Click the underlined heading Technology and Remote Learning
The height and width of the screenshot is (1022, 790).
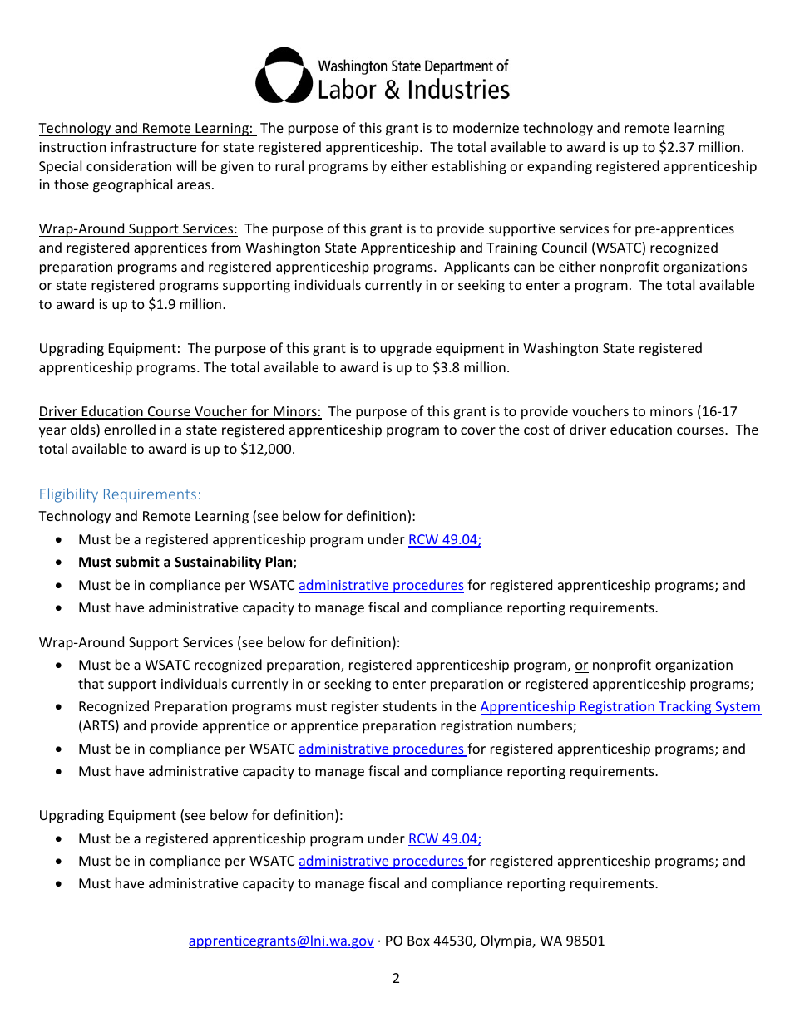(x=146, y=129)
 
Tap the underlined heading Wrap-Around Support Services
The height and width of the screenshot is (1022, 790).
(x=138, y=229)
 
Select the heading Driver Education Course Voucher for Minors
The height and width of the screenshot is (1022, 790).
(x=180, y=411)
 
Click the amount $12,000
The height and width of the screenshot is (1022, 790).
(x=267, y=449)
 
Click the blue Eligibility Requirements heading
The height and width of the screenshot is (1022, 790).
(x=120, y=494)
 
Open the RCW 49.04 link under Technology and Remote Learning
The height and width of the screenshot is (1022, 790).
(x=444, y=540)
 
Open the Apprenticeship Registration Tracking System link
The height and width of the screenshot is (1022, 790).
(x=620, y=707)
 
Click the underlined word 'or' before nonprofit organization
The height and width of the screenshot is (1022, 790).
(x=581, y=666)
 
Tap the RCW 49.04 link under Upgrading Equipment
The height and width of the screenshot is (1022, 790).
(x=444, y=839)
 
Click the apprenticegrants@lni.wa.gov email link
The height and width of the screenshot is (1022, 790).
(x=281, y=941)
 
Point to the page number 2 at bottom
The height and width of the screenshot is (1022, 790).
(x=396, y=979)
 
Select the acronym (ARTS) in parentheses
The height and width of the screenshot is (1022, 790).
(x=100, y=725)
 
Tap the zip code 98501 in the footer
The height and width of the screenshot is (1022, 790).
(x=585, y=941)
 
